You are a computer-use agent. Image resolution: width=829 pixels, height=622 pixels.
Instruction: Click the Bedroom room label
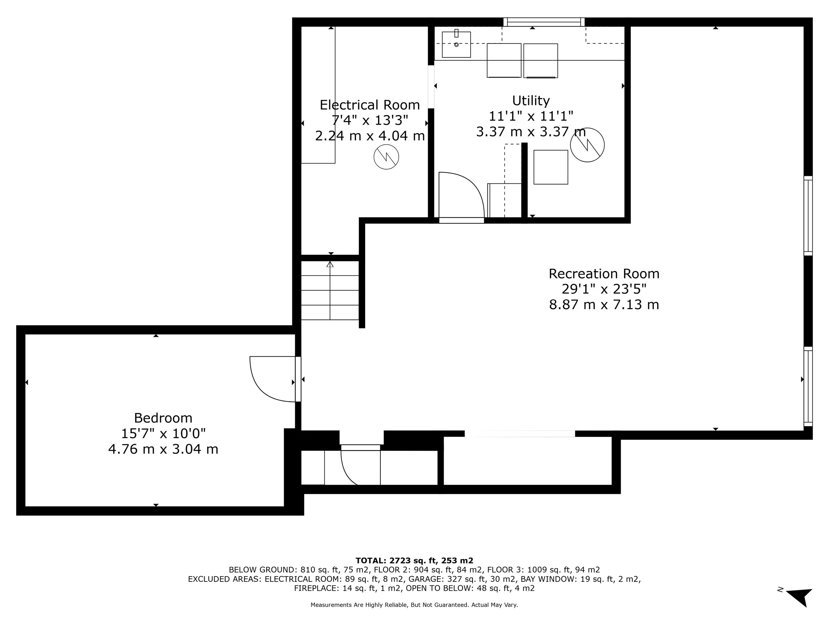163,418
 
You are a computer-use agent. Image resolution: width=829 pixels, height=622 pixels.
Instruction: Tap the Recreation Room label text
604,274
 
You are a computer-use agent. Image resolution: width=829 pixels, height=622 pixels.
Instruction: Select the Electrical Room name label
369,104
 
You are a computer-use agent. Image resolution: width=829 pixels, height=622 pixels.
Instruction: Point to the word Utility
531,101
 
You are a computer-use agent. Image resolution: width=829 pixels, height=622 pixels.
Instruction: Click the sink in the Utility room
456,44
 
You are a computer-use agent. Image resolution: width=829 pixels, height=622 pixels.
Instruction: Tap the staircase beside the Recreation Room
330,291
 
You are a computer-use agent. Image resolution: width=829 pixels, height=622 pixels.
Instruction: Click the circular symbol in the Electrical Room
386,157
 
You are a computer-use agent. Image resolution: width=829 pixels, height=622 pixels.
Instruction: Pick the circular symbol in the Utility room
587,145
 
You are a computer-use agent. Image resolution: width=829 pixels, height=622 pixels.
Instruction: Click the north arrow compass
800,596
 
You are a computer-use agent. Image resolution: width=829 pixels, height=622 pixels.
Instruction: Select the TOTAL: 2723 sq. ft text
414,561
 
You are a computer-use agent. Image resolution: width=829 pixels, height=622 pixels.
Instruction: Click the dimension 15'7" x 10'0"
163,434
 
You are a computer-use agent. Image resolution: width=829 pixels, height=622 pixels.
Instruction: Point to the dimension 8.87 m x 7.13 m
604,305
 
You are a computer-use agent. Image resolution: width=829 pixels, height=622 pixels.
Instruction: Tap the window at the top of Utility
543,22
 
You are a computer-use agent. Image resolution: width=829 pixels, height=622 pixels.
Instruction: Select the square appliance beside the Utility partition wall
550,167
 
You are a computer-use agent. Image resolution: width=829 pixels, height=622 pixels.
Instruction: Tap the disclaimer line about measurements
414,605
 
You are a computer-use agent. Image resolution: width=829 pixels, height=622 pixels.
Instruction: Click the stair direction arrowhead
330,264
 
